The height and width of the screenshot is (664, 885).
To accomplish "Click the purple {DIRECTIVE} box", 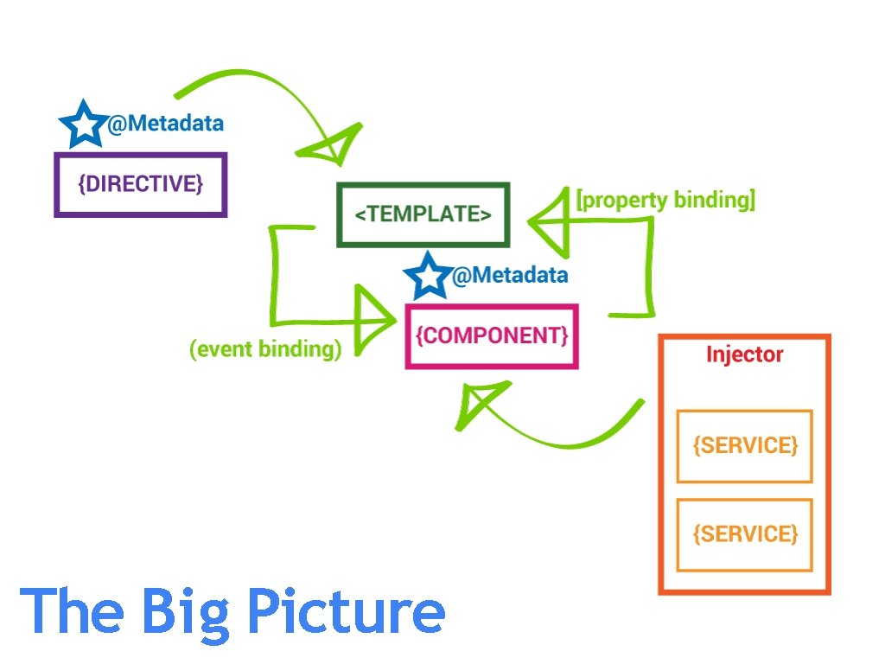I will pos(141,184).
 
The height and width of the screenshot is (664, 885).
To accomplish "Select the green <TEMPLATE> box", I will pos(423,214).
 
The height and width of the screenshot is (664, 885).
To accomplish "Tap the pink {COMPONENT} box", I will pos(492,336).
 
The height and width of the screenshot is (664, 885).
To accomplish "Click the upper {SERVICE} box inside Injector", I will pos(744,446).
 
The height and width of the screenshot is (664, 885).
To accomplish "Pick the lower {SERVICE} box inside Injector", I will pos(744,534).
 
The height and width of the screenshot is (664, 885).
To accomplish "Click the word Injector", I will pos(744,354).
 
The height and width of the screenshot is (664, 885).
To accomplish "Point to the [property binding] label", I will pos(665,201).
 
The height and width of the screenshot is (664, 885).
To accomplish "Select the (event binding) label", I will pos(265,349).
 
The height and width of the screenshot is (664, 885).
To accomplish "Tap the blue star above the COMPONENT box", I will pos(428,277).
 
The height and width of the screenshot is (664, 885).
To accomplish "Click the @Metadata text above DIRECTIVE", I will pos(165,124).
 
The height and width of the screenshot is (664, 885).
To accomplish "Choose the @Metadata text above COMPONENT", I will pos(510,276).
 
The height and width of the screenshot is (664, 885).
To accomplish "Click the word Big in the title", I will pos(186,612).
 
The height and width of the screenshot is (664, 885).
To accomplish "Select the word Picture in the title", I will pos(346,610).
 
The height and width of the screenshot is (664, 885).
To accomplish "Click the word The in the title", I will pos(73,610).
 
